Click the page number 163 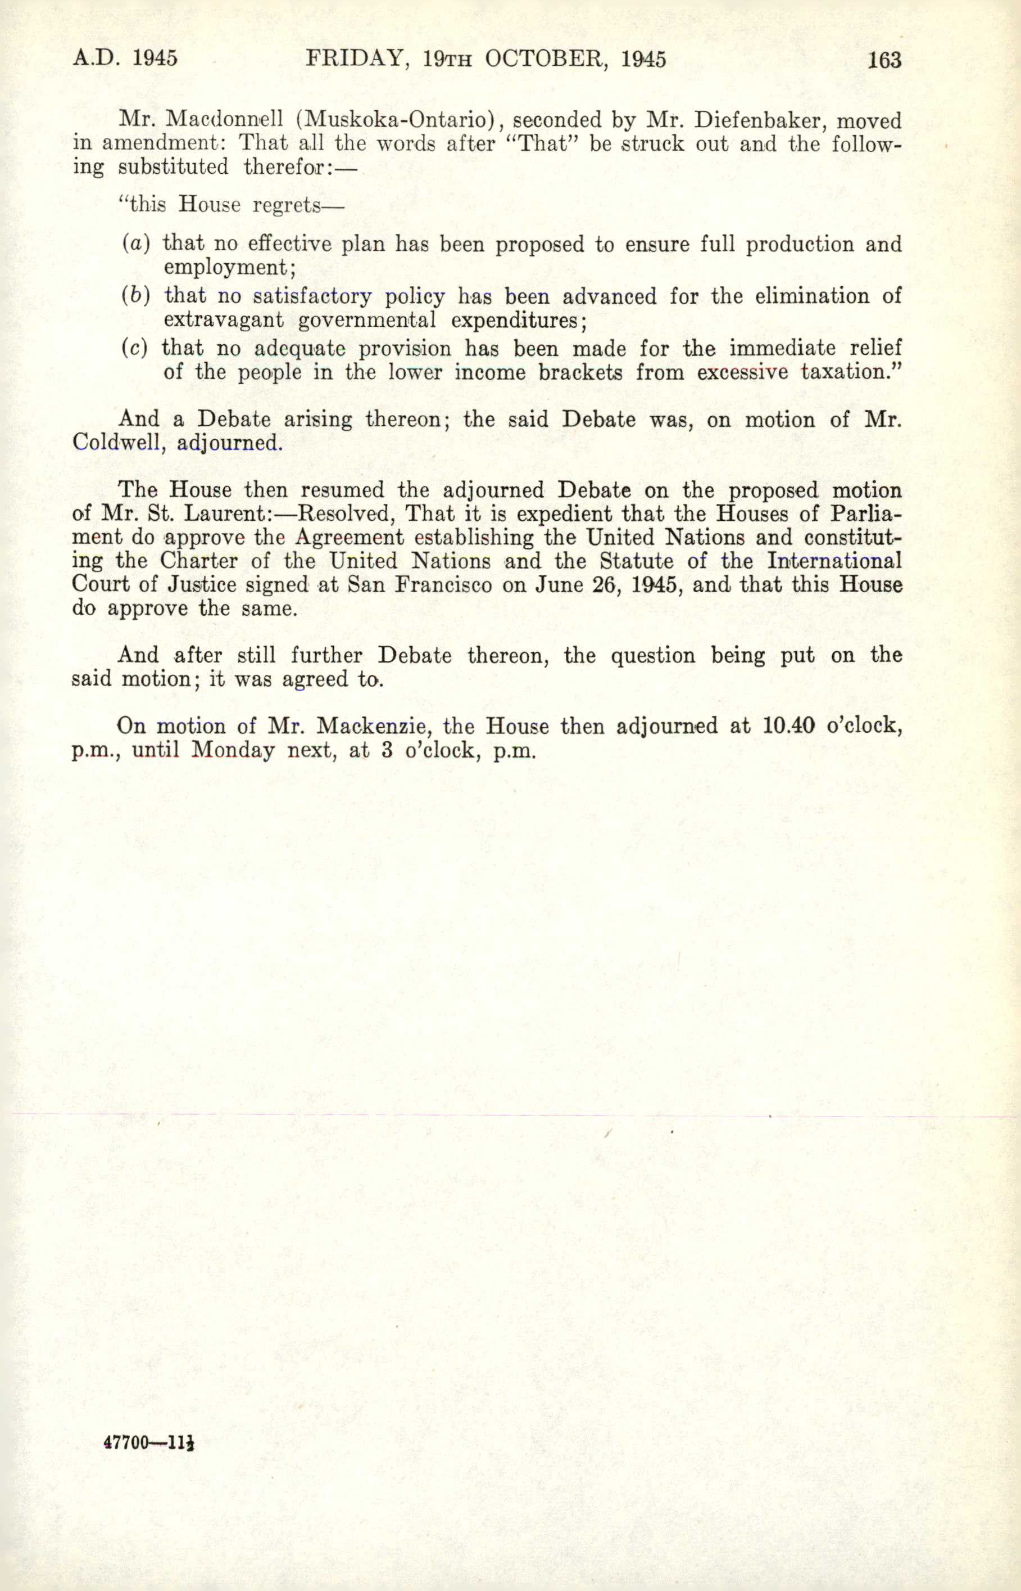pos(884,60)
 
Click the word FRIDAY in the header pos(353,59)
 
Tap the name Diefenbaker pos(753,120)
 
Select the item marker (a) pos(136,244)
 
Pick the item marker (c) pos(135,348)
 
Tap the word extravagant pos(224,320)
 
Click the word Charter pos(198,561)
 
